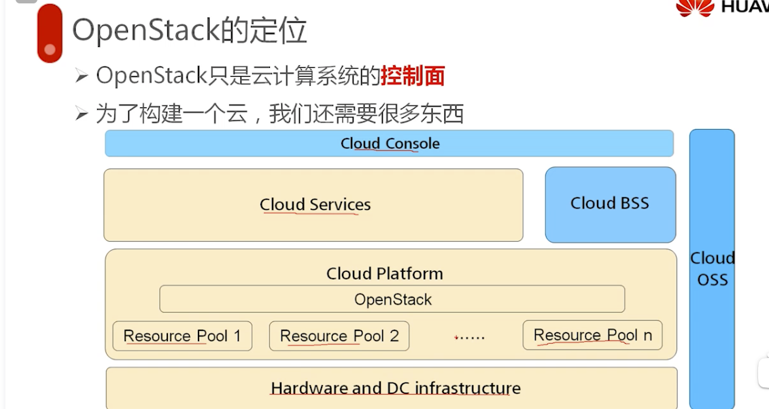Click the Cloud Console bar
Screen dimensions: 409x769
coord(389,144)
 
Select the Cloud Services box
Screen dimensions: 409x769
coord(313,204)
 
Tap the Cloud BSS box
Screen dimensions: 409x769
coord(610,204)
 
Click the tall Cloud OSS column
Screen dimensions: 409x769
coord(712,268)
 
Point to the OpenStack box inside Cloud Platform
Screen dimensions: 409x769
coord(392,300)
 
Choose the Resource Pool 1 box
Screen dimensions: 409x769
coord(182,336)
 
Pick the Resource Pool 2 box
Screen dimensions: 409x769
coord(339,336)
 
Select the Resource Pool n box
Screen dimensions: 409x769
coord(592,335)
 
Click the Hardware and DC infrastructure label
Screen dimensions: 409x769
coord(395,389)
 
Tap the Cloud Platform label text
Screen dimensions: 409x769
coord(384,274)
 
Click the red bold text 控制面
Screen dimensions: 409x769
coord(413,76)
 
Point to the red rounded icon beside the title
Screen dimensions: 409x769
coord(50,33)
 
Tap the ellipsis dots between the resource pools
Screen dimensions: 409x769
coord(469,336)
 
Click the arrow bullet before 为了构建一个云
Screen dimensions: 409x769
coord(82,114)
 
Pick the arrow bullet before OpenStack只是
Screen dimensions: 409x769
coord(82,77)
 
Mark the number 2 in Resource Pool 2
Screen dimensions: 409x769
coord(394,336)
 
